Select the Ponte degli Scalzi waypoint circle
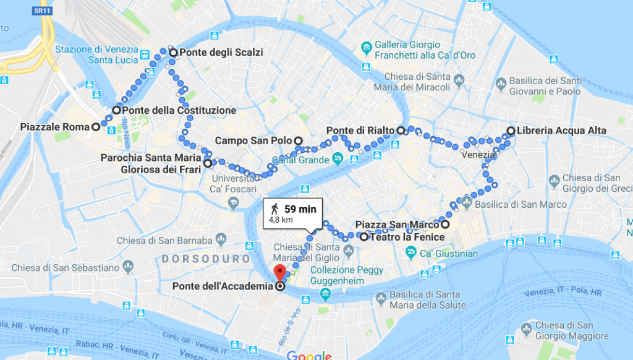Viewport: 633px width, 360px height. coord(173,53)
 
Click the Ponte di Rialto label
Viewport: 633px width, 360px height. coord(360,131)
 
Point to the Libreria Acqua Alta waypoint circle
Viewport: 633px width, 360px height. coord(511,131)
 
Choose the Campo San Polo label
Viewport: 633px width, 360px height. coord(253,141)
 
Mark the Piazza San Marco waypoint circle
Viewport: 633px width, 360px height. coord(445,225)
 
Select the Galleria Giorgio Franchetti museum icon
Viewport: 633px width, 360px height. coord(367,48)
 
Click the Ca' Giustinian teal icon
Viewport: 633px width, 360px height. coord(410,252)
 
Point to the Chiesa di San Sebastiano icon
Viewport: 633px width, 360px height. coord(128,267)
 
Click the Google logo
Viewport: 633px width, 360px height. coord(309,355)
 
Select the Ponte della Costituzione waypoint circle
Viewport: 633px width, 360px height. coord(116,110)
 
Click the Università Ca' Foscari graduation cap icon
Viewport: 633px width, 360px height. coord(234,202)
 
